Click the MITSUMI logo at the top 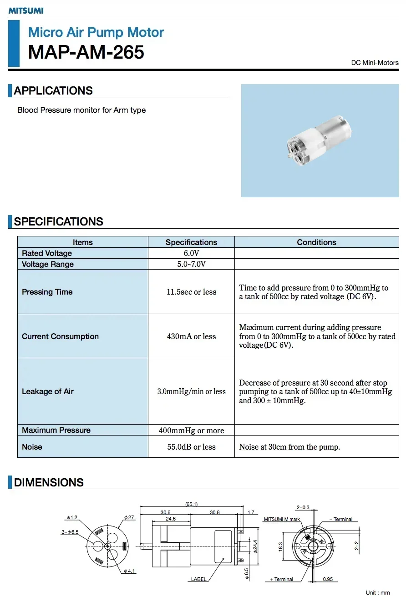coord(26,10)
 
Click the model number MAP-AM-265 coord(86,52)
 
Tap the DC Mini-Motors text coord(375,63)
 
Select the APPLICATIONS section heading coord(53,90)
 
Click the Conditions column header coord(316,242)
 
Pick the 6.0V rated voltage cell coord(191,253)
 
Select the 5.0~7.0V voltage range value coord(191,264)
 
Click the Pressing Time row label coord(47,292)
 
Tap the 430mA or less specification coord(191,336)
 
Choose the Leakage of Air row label coord(48,391)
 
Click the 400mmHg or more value coord(191,430)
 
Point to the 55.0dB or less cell coord(191,447)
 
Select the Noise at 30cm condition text coord(289,447)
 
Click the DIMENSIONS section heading coord(49,482)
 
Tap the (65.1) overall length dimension coord(192,504)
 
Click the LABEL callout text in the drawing coord(198,579)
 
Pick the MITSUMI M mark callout coord(282,519)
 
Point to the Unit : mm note coord(378,593)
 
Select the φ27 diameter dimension coord(129,517)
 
